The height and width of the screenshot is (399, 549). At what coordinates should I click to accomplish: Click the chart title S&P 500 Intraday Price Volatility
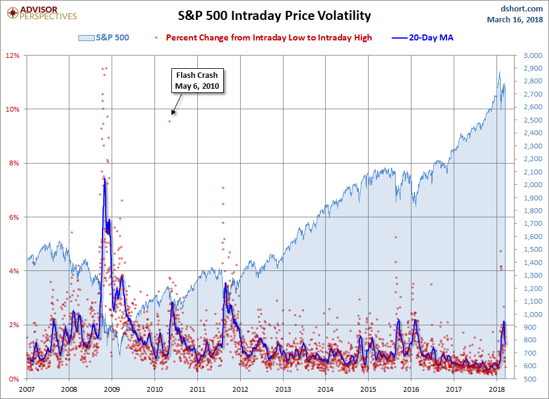(274, 16)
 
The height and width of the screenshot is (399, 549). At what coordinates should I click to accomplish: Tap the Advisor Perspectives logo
(42, 13)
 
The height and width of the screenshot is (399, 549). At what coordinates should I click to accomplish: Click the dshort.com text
(522, 8)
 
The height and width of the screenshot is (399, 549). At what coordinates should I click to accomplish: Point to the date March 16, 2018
(515, 19)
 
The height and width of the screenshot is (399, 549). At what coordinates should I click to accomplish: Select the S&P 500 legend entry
(104, 37)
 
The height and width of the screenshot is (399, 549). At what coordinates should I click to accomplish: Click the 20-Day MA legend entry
(422, 37)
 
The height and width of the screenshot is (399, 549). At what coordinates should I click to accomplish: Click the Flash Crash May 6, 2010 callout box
(197, 80)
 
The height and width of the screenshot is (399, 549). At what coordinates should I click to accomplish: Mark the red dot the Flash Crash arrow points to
(170, 121)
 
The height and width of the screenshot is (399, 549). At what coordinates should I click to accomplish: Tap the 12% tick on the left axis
(12, 56)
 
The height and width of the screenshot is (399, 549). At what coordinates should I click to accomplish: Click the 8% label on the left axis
(14, 163)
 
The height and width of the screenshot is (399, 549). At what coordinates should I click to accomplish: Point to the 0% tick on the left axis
(14, 379)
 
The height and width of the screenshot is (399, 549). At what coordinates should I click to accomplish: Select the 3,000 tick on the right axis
(533, 56)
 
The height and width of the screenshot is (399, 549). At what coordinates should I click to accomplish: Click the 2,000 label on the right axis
(533, 185)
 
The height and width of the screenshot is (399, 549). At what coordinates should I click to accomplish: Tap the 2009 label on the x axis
(112, 389)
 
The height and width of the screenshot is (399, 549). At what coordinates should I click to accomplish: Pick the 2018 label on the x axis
(497, 389)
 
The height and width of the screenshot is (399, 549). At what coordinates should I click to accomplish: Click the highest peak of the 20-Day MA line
(105, 179)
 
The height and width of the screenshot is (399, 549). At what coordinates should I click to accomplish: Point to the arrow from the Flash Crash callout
(176, 104)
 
